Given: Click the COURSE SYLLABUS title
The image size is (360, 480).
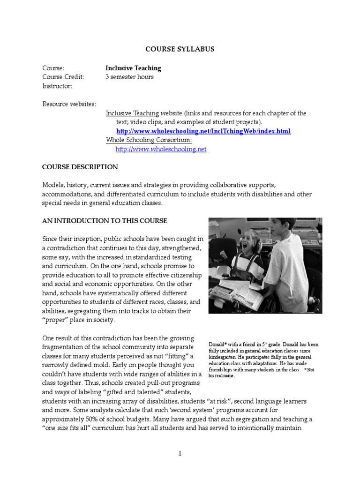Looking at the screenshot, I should coord(180,49).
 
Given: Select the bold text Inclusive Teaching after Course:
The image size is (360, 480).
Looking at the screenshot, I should coord(133,68).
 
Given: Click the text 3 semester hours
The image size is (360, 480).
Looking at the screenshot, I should coord(129,77).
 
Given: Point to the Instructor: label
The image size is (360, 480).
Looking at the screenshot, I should coord(57,86).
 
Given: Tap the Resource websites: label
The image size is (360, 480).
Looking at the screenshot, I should coord(69,104).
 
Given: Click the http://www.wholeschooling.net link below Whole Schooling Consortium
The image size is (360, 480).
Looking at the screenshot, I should coord(161,149).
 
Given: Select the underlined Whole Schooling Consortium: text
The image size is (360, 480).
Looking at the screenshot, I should coord(149,140).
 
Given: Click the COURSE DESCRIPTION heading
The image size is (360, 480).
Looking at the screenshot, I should coord(80,167).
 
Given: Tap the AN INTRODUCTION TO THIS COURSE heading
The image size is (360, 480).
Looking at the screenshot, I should coord(105,221).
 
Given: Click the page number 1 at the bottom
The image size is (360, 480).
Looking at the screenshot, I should coord(180,454).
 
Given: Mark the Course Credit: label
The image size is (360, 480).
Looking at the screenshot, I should coord(63,77).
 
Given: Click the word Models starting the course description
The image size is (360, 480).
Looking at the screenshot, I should coord(52,185).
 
